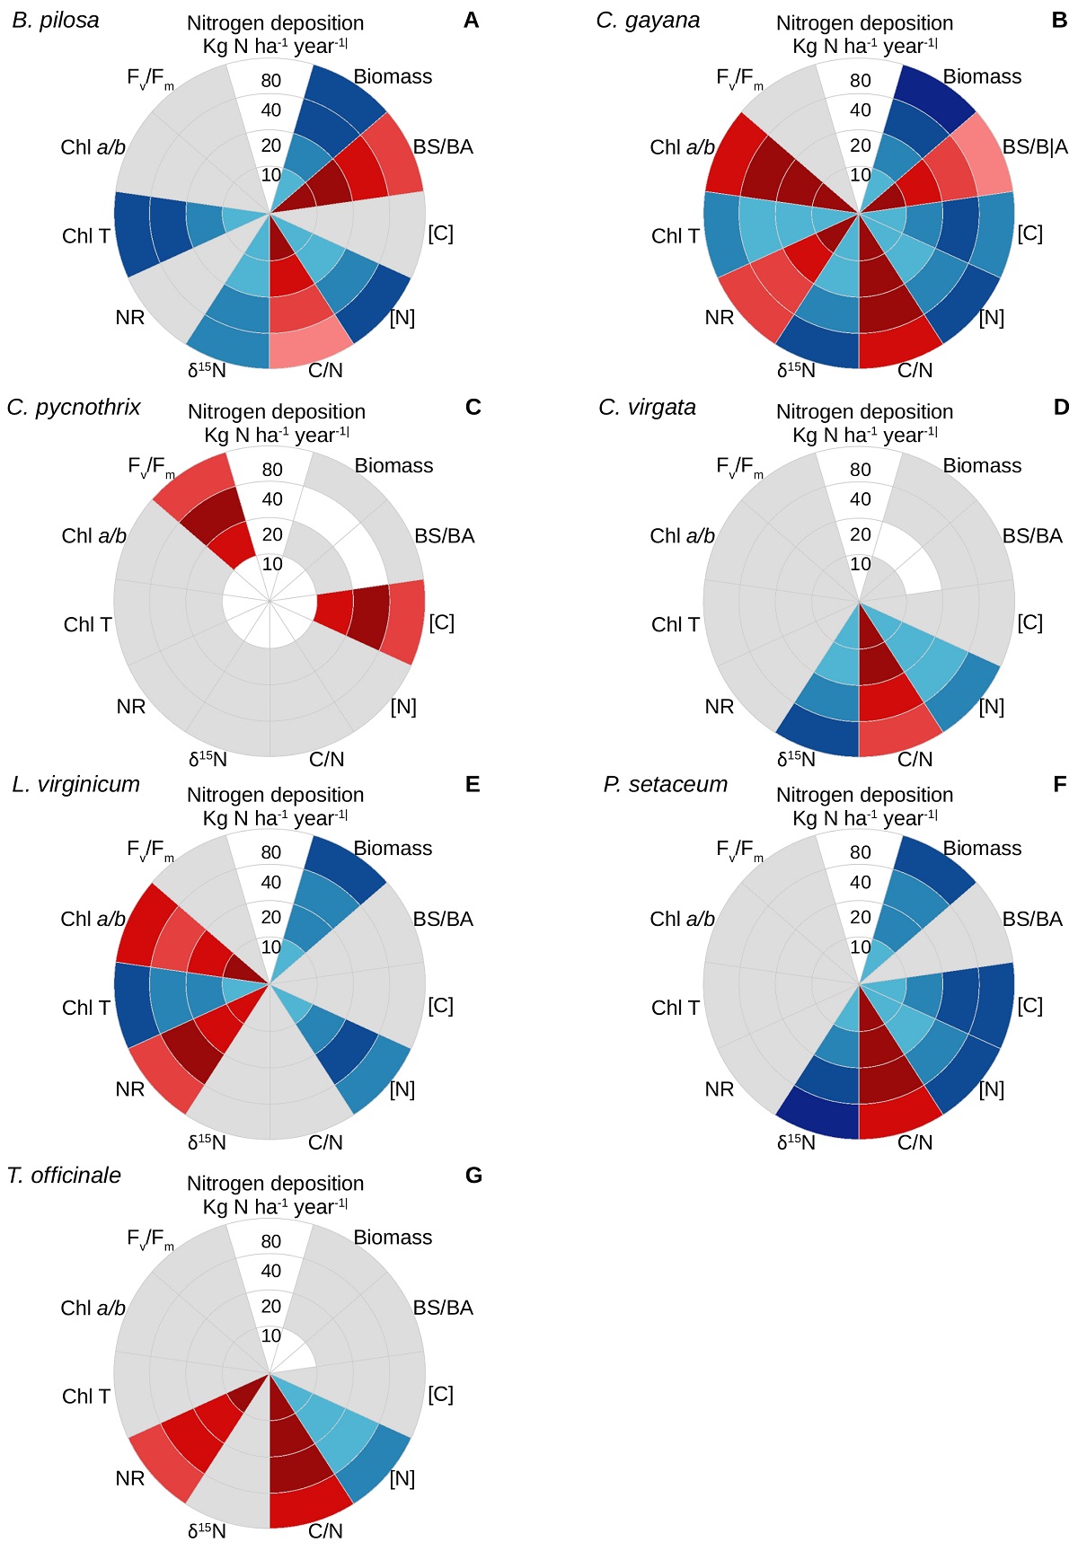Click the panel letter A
coord(472,21)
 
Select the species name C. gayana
coord(648,21)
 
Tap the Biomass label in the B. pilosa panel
coord(393,77)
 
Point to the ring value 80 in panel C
coord(272,470)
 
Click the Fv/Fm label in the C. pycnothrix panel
coord(150,468)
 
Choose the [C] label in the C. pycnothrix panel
coord(441,622)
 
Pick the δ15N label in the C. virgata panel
coord(796,760)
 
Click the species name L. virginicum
coord(76,784)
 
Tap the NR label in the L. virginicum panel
coord(130,1089)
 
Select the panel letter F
coord(1060,784)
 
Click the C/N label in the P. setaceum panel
coord(915,1142)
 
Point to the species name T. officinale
coord(64,1175)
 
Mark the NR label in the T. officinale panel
coord(130,1478)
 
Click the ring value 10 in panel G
coord(271,1335)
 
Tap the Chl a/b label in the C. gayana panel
coord(682,147)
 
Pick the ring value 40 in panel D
coord(861,499)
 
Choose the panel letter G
coord(473,1175)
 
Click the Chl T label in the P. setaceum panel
coord(675,1008)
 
